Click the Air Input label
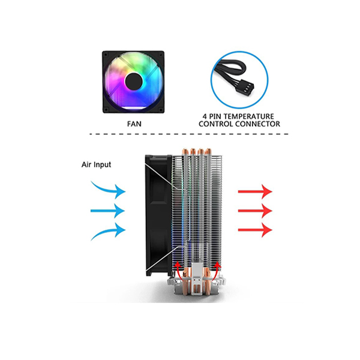tap(96, 164)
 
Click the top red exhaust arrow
tap(255, 191)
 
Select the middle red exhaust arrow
tap(255, 211)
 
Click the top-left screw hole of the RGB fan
tap(106, 55)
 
